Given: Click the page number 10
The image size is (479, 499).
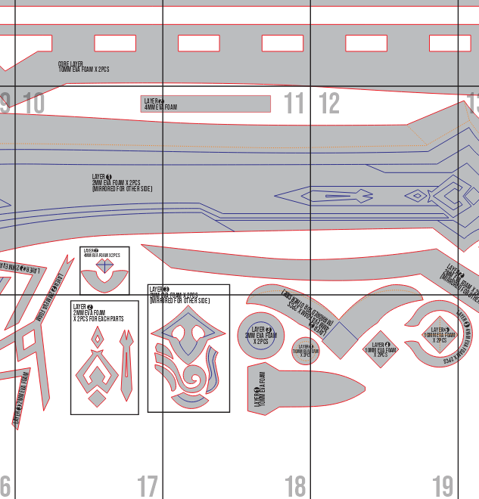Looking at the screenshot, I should click(35, 104).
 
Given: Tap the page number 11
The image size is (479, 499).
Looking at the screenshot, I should click(294, 104).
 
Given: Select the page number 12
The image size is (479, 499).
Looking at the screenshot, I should click(329, 104).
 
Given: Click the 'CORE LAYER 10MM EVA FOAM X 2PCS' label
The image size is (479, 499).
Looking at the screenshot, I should click(83, 67).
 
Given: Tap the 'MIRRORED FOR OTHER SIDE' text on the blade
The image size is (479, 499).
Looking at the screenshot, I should click(121, 188).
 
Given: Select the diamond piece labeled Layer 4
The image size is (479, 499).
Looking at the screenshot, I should click(381, 349).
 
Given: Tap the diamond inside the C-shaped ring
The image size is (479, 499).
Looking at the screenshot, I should click(438, 334).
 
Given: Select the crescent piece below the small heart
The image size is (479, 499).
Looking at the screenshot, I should click(104, 281).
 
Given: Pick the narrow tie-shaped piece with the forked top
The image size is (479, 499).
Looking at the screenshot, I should click(126, 367).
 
